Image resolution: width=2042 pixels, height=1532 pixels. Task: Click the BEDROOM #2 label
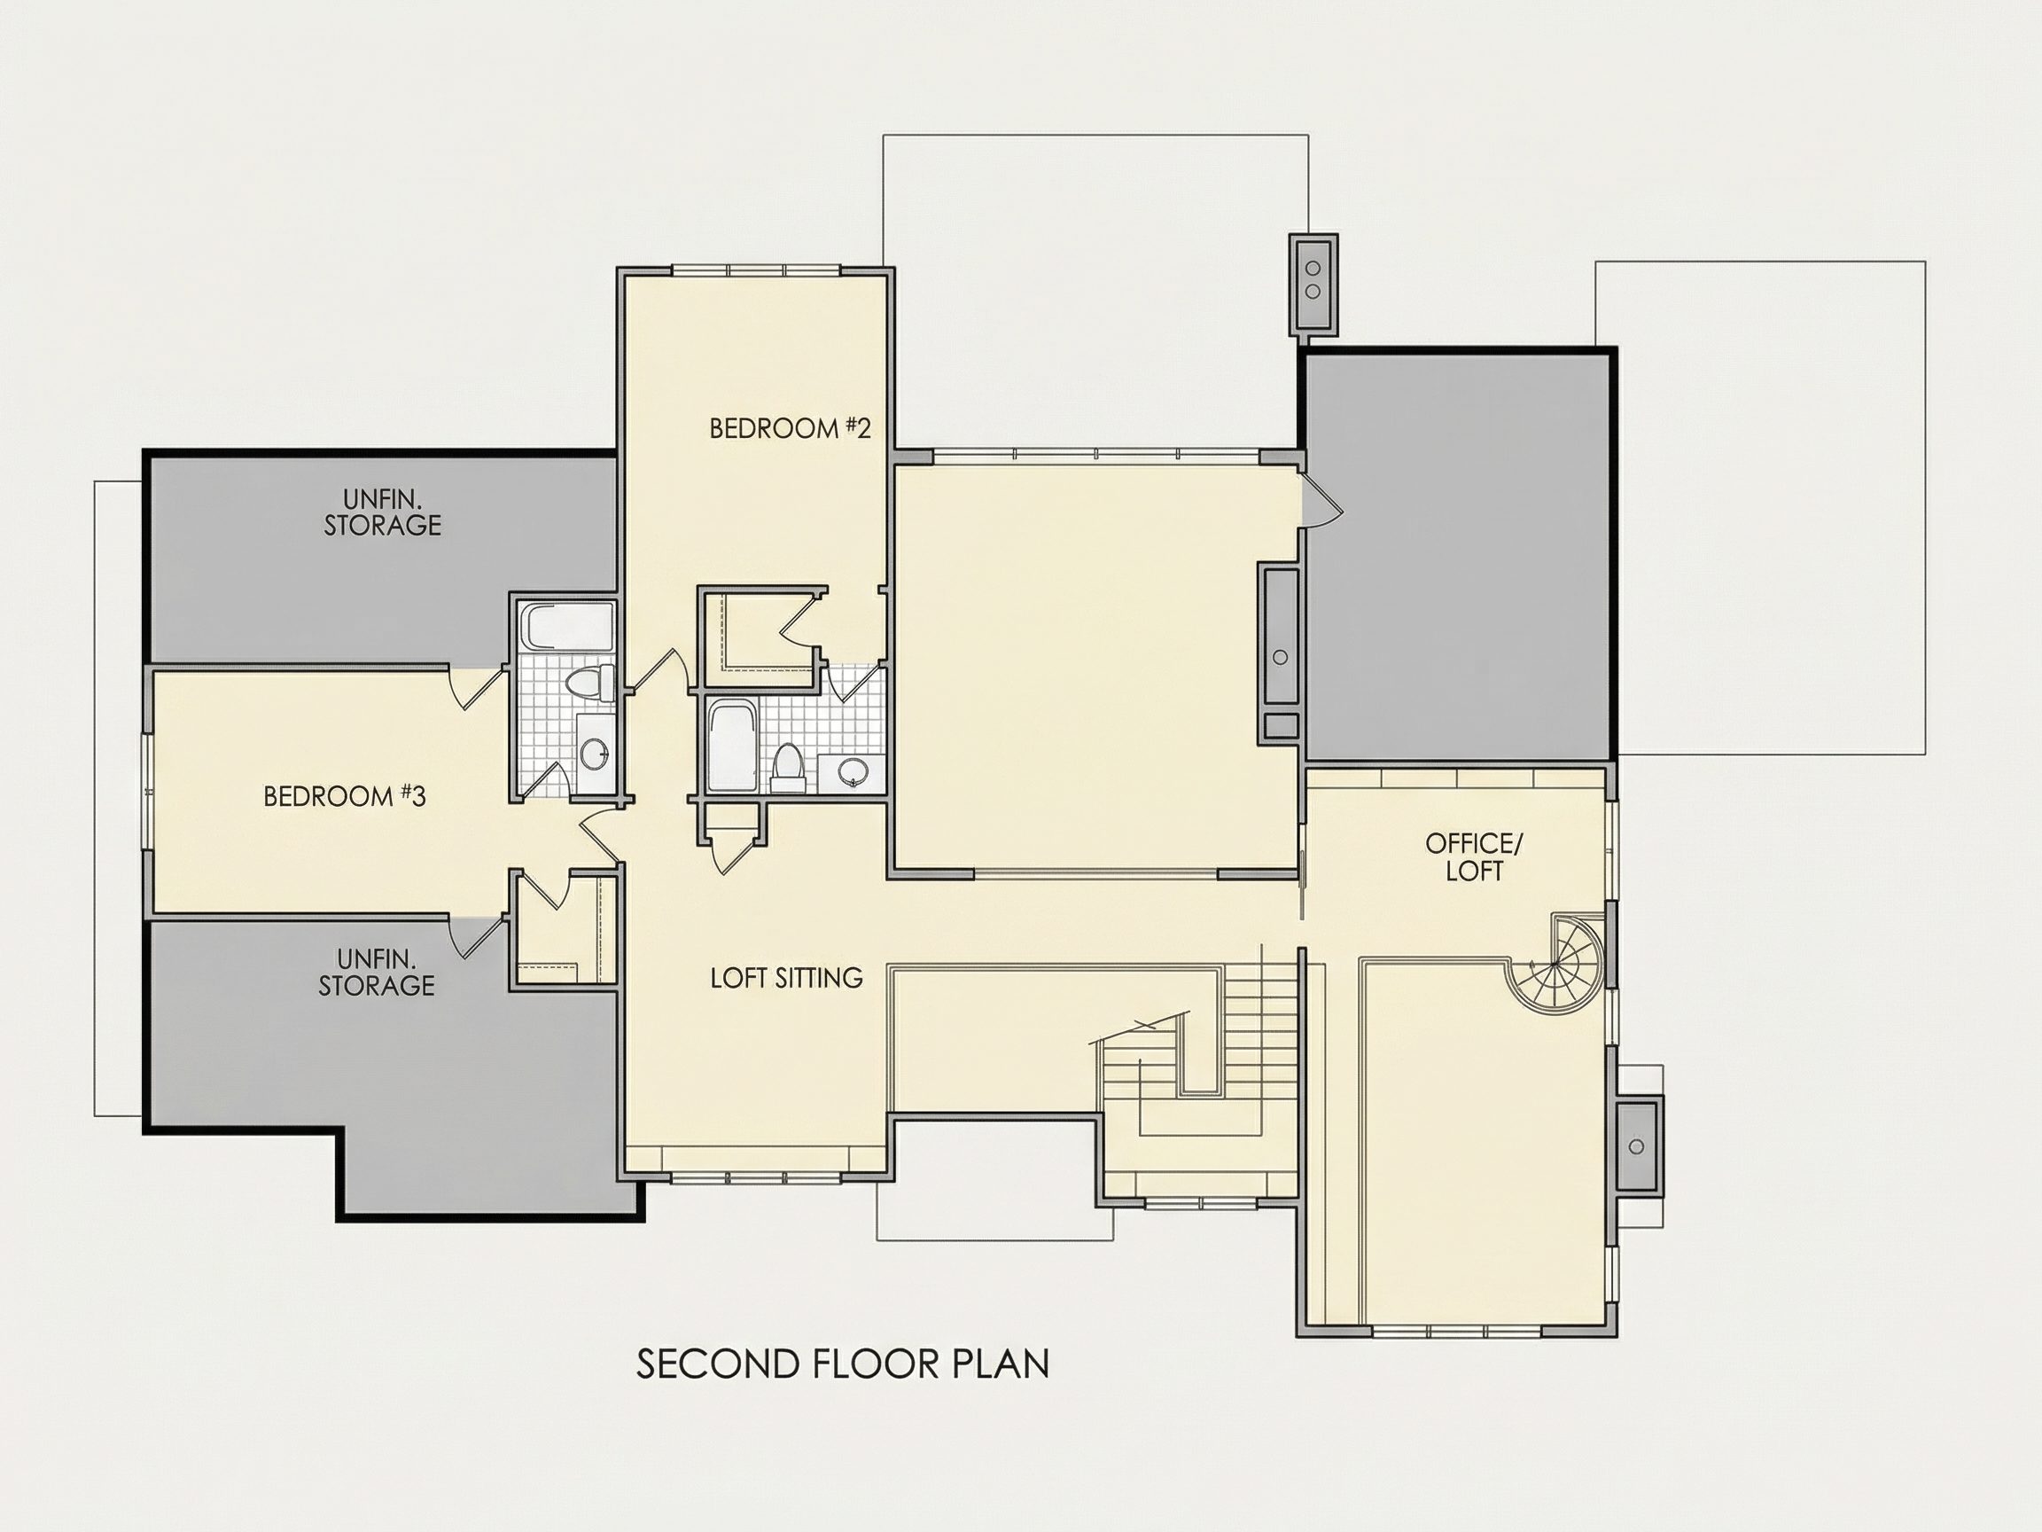tap(791, 428)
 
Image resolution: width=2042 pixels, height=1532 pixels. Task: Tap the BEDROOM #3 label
tap(345, 796)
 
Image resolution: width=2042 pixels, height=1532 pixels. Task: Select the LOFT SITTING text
tap(786, 978)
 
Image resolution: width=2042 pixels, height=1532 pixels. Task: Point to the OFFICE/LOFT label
tap(1473, 857)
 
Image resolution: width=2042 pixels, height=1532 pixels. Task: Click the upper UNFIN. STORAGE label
tap(382, 512)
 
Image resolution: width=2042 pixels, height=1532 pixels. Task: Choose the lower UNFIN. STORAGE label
tap(377, 973)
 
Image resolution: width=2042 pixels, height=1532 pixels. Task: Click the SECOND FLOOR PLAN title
tap(843, 1364)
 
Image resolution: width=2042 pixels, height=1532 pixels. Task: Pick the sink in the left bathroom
tap(595, 753)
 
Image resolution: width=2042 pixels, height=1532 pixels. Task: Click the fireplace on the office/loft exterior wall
tap(1638, 1146)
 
